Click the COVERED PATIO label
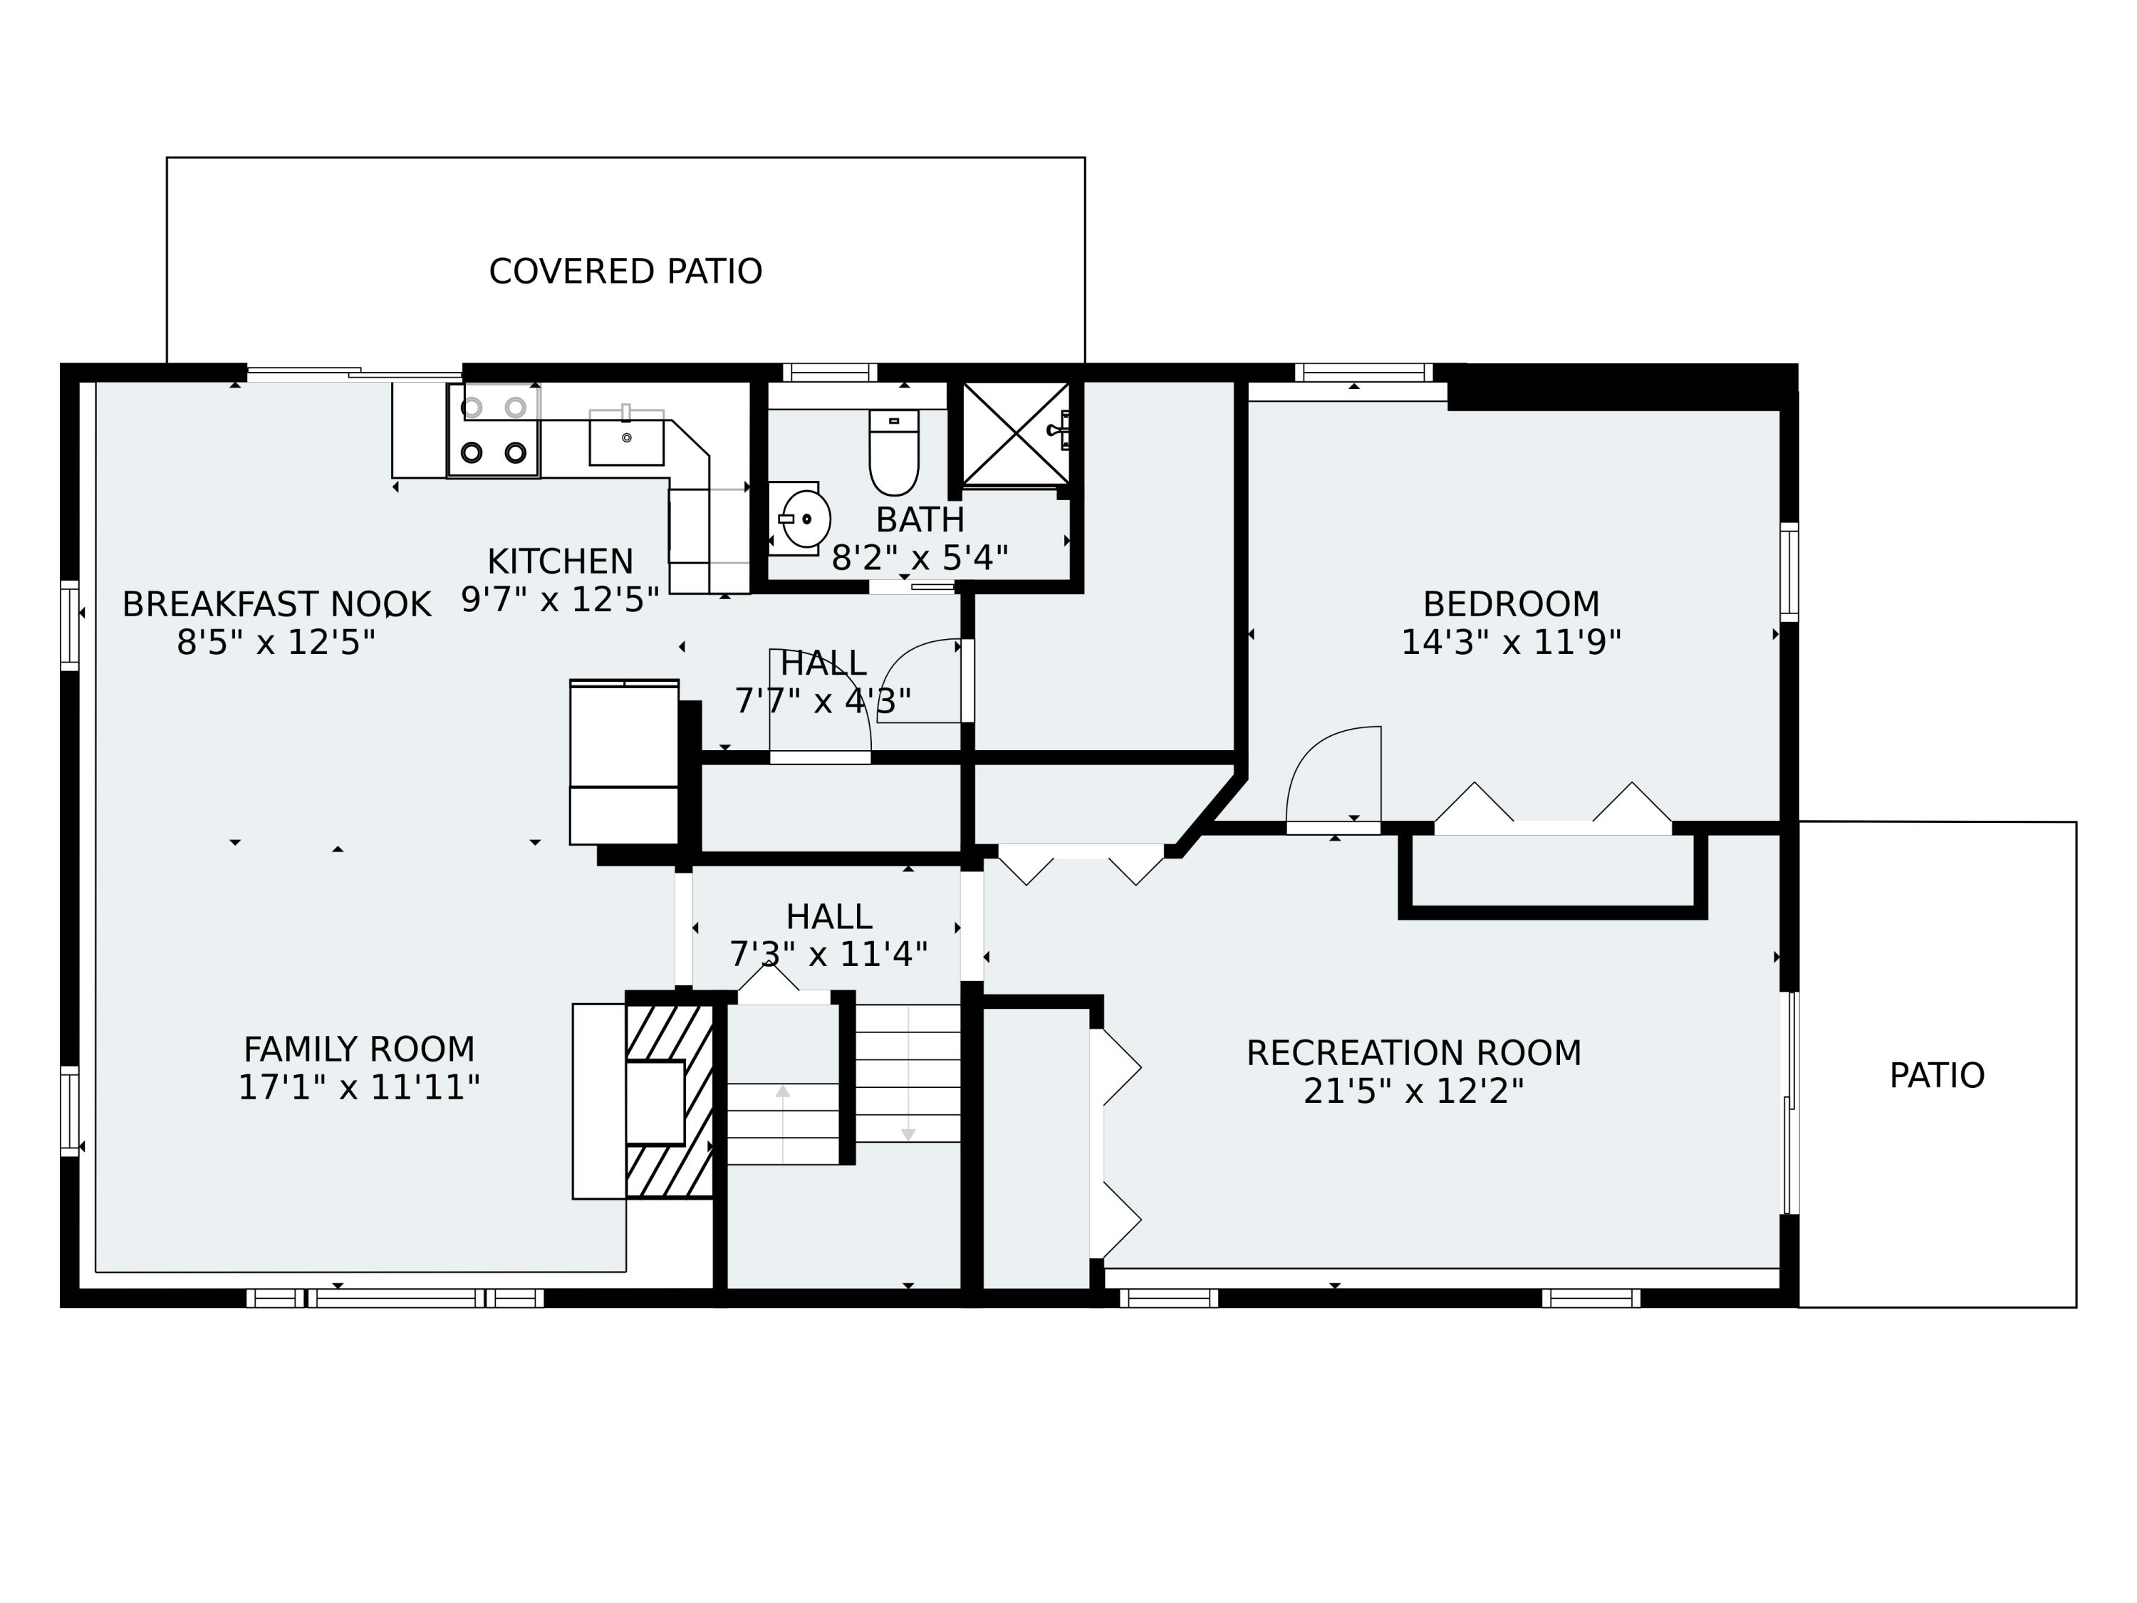coord(625,271)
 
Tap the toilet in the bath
coord(894,452)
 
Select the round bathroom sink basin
coord(806,519)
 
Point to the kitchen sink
coord(627,437)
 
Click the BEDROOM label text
coord(1511,604)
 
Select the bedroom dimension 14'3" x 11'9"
coord(1511,643)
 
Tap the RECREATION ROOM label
coord(1413,1053)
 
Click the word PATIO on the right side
coord(1936,1075)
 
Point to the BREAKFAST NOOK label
coord(276,604)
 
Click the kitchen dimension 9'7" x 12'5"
coord(561,600)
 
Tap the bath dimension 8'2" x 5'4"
coord(920,559)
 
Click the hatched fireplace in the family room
coord(670,1101)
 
